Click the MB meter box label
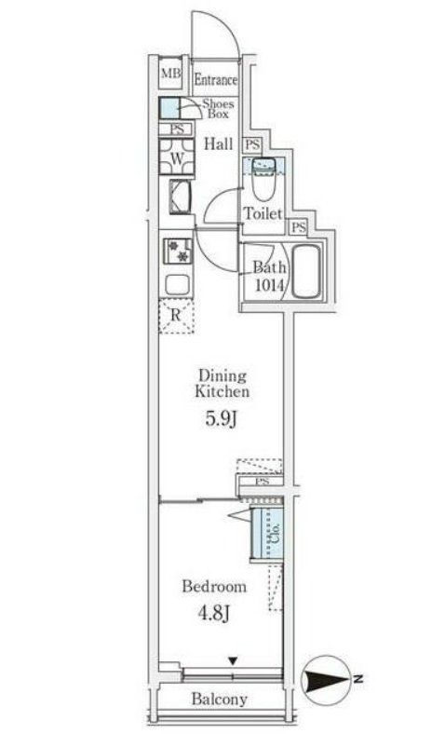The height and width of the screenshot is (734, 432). click(171, 73)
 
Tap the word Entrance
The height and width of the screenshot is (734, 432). click(216, 79)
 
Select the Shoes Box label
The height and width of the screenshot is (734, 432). click(218, 109)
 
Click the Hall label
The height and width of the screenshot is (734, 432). click(218, 143)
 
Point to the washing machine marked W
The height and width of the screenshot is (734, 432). click(177, 156)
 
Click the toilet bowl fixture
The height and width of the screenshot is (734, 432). click(264, 179)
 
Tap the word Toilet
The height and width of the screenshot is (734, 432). click(263, 214)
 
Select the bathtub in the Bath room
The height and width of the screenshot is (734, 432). click(306, 271)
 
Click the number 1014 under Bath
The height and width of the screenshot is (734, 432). click(270, 285)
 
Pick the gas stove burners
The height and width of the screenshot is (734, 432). click(178, 251)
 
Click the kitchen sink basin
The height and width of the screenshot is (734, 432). click(177, 285)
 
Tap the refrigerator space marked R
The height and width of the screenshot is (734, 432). click(176, 316)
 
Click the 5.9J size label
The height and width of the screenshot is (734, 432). click(221, 419)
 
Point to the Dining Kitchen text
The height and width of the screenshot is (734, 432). click(222, 384)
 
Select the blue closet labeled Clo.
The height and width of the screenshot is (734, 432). click(267, 534)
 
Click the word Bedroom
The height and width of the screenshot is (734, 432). click(214, 586)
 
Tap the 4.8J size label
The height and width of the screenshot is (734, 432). click(213, 613)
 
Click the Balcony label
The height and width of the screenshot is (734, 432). click(219, 700)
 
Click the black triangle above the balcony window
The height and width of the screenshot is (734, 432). click(233, 661)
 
